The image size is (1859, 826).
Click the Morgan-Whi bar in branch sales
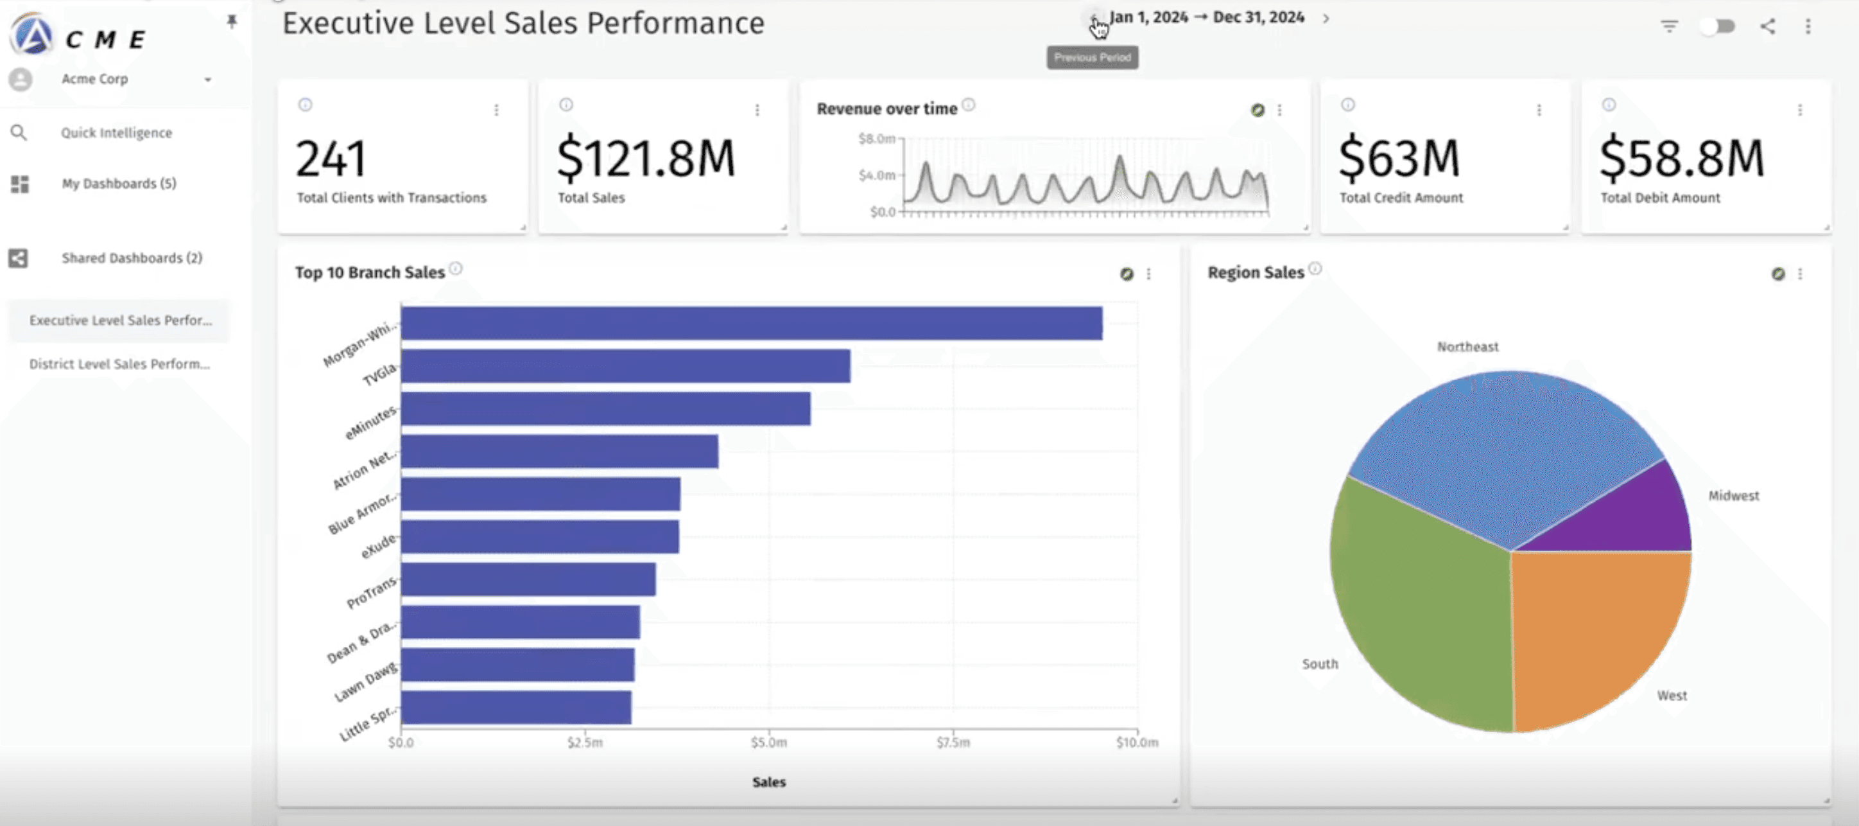click(x=750, y=324)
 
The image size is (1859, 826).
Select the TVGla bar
click(x=625, y=366)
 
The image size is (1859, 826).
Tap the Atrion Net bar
click(x=559, y=452)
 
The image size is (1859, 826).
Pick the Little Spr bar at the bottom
click(x=516, y=708)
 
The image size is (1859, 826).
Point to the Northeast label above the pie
click(x=1467, y=347)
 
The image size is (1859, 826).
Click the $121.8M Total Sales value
click(x=646, y=159)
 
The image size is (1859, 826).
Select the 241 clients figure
click(x=331, y=159)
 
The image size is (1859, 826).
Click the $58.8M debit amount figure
click(x=1681, y=159)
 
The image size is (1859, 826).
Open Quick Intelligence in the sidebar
click(x=116, y=133)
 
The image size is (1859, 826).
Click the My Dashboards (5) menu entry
click(x=118, y=184)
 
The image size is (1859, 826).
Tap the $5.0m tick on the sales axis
click(x=768, y=743)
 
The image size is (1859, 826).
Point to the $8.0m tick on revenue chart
click(x=876, y=139)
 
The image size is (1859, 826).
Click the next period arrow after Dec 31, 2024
click(x=1326, y=19)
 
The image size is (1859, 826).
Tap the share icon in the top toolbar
click(x=1767, y=27)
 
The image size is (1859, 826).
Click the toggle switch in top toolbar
click(x=1718, y=27)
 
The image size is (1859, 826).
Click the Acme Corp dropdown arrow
click(x=208, y=80)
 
